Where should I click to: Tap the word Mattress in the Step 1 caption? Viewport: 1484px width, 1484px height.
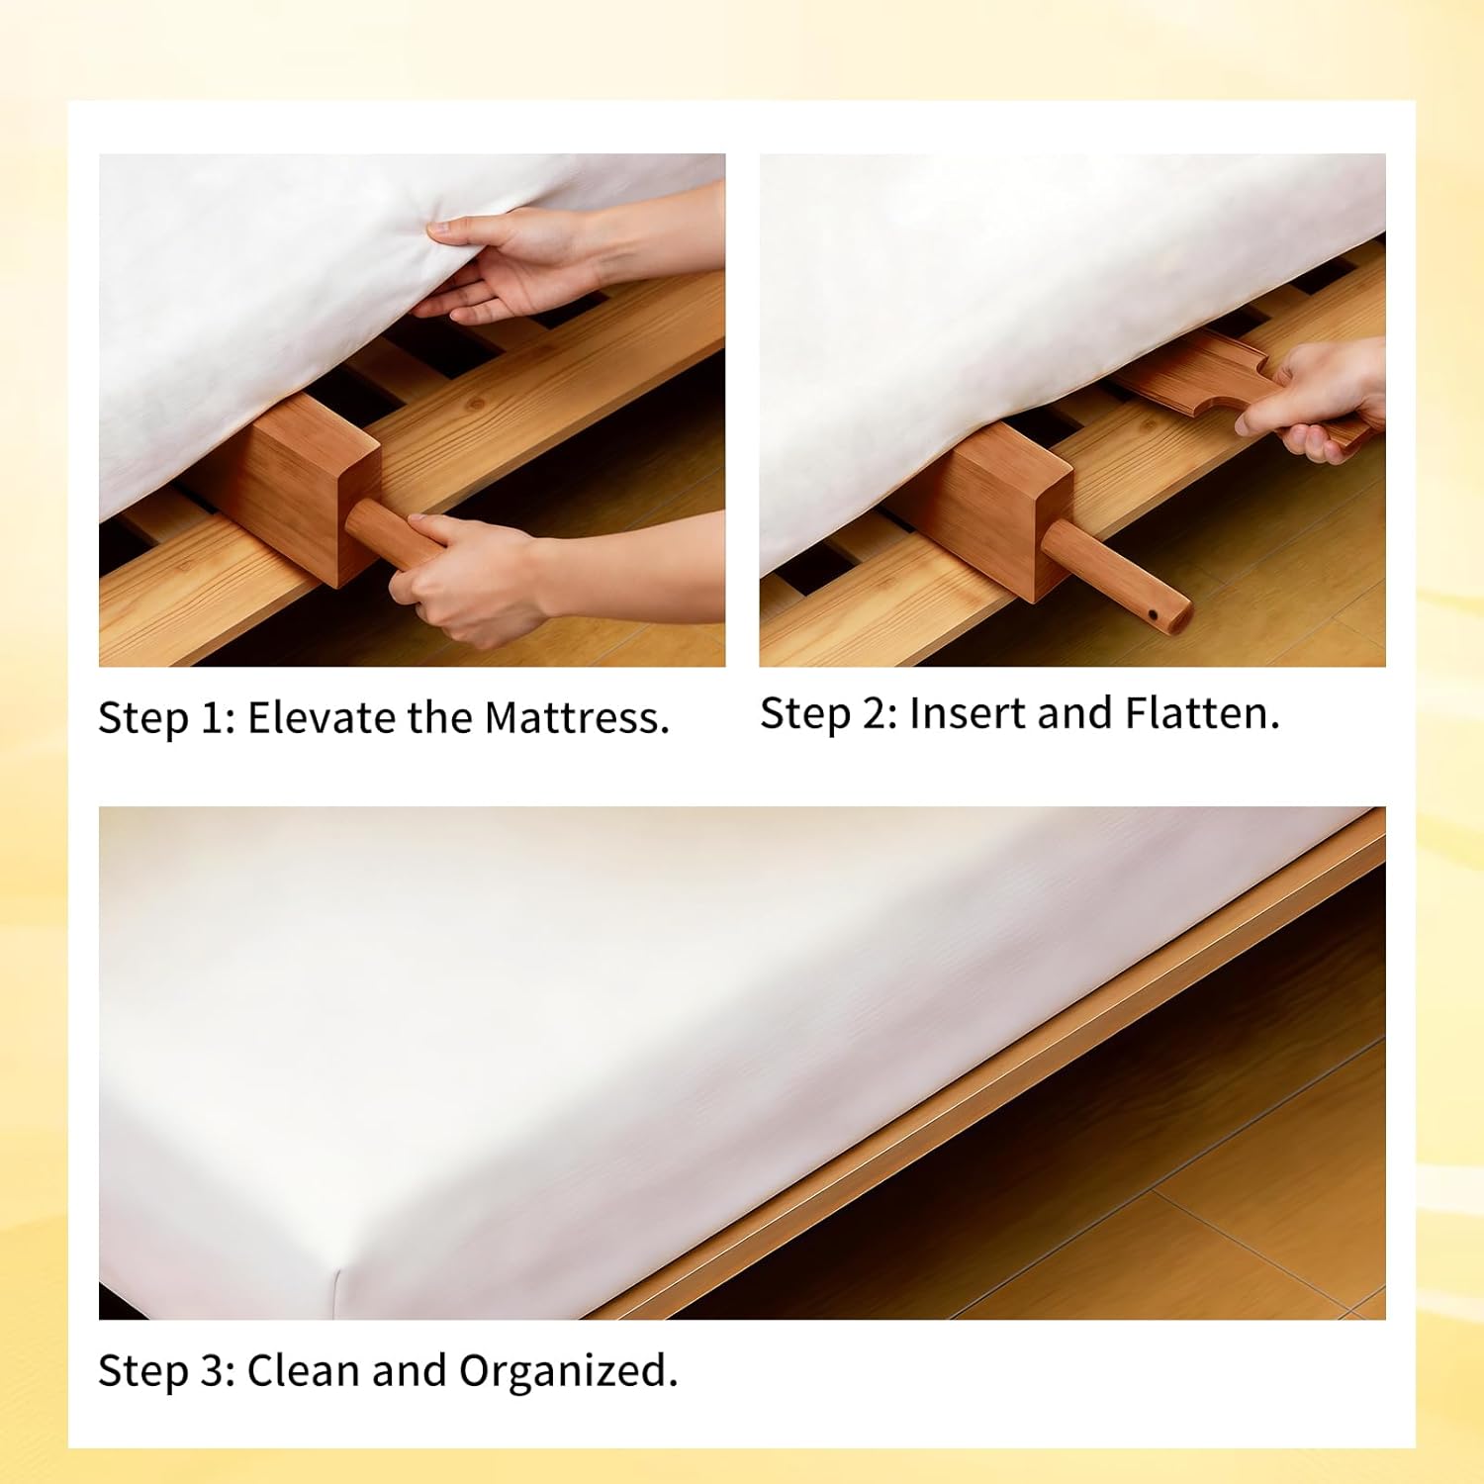click(577, 717)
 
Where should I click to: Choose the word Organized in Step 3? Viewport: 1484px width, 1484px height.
click(568, 1372)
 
